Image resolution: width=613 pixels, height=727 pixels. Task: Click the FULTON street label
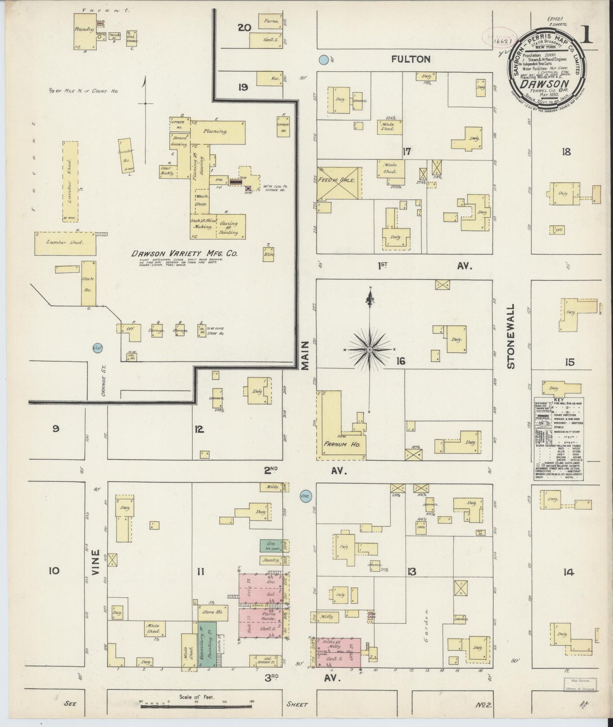pyautogui.click(x=411, y=59)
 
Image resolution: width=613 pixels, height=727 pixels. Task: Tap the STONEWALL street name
pyautogui.click(x=511, y=336)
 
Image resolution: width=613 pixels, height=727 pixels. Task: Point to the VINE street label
pyautogui.click(x=95, y=562)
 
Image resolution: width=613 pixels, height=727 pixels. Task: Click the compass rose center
pyautogui.click(x=370, y=349)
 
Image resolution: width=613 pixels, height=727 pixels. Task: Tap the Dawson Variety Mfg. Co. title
pyautogui.click(x=184, y=254)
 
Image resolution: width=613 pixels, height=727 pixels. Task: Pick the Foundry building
pyautogui.click(x=84, y=30)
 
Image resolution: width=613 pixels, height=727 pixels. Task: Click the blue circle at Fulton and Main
pyautogui.click(x=324, y=60)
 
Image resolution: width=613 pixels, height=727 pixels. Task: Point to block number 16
pyautogui.click(x=400, y=361)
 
